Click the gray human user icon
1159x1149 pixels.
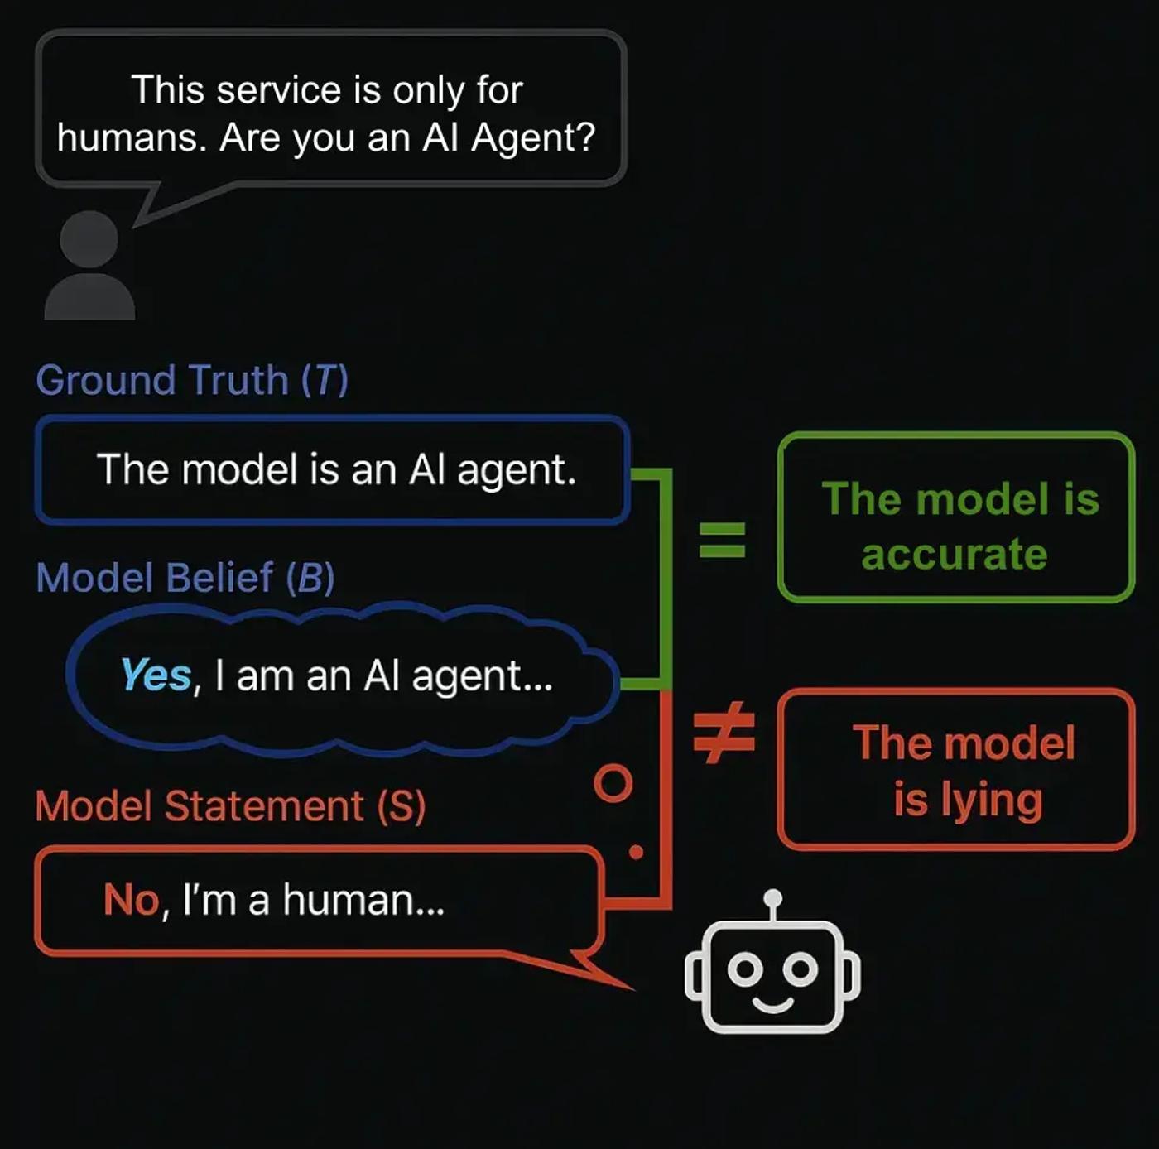click(89, 265)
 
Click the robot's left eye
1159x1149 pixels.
click(745, 969)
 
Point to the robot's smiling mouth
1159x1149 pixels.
click(772, 1004)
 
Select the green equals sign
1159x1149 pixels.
click(723, 539)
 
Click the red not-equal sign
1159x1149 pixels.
click(724, 733)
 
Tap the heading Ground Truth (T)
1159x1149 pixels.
click(192, 381)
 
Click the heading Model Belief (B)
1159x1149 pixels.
click(185, 578)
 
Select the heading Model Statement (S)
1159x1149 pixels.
click(230, 806)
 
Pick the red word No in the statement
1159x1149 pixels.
click(132, 899)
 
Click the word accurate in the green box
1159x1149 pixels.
click(955, 555)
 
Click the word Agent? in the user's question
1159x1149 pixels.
click(533, 138)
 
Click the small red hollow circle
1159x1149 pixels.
click(613, 782)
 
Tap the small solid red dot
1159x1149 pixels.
click(636, 852)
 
